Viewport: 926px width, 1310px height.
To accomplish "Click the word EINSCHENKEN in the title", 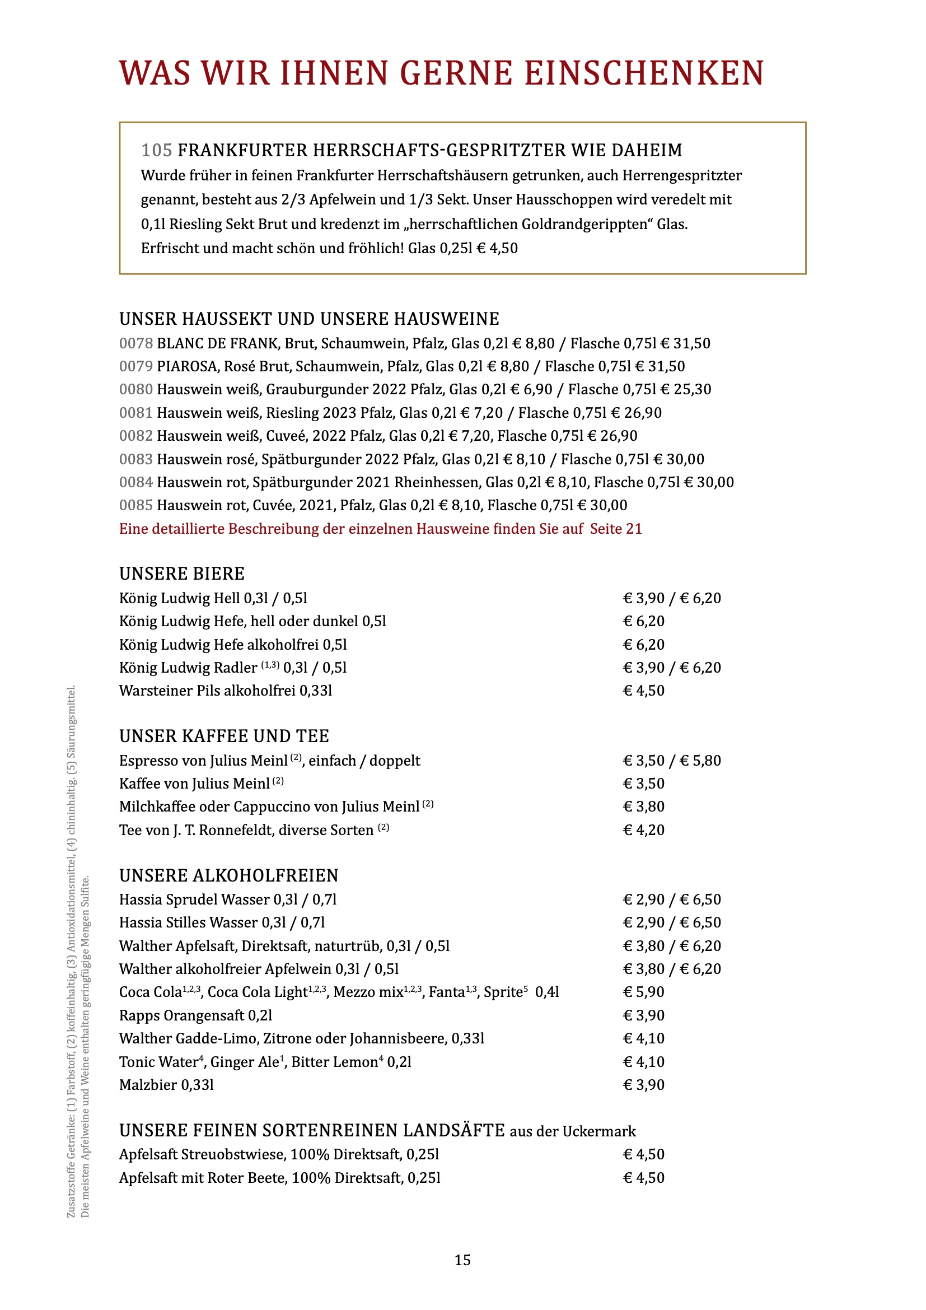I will pos(644,73).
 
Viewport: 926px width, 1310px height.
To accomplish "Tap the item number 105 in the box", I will pos(156,150).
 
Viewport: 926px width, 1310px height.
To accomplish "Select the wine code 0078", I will pos(135,343).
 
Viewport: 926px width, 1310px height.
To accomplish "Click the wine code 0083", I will pos(135,459).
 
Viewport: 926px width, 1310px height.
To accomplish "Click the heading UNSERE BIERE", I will pos(181,574).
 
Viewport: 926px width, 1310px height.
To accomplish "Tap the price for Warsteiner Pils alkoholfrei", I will pos(644,691).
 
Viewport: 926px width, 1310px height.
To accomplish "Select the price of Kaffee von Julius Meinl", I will pos(644,784).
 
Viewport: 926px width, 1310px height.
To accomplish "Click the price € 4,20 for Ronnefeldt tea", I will pos(644,830).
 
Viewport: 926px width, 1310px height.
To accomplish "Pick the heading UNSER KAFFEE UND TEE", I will pos(224,736).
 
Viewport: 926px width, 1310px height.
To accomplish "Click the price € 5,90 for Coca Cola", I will pos(644,992).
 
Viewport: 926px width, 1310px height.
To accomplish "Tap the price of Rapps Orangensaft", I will pos(644,1015).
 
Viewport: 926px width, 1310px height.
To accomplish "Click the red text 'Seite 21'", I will pos(616,529).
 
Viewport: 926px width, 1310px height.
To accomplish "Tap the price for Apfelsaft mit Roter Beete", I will pos(644,1178).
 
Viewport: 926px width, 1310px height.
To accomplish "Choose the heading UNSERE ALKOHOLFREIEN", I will pos(228,876).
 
